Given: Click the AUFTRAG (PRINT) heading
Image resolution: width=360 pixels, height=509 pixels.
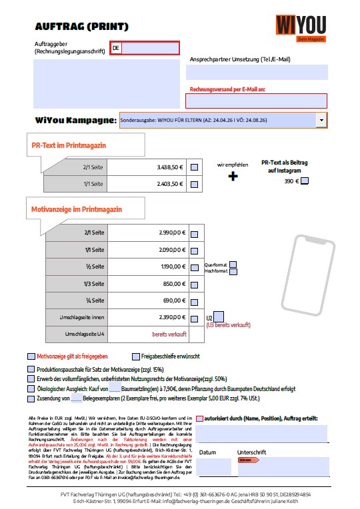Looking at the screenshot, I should (82, 27).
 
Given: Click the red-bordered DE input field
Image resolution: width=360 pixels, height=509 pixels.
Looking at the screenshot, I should (145, 48).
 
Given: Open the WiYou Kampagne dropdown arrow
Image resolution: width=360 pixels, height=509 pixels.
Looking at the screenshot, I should (323, 120).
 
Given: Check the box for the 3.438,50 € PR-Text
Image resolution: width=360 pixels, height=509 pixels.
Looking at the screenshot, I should (194, 167).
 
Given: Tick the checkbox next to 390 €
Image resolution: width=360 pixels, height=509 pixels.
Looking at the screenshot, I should (305, 181).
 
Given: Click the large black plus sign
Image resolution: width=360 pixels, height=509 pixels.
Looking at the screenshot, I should (233, 177).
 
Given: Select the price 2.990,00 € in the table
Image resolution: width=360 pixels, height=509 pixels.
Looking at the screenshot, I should (172, 233).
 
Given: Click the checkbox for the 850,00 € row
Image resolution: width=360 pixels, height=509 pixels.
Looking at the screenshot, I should (194, 284).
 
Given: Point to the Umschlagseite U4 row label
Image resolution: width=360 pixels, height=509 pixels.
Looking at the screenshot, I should (83, 333).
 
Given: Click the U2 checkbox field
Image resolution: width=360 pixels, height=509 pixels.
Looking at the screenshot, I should (219, 316).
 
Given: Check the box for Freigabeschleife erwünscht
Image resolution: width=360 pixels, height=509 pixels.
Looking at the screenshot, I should (136, 356).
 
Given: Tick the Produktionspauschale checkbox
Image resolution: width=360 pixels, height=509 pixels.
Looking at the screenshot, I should (31, 369).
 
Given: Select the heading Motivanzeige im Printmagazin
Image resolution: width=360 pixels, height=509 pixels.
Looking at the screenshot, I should (77, 209).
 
